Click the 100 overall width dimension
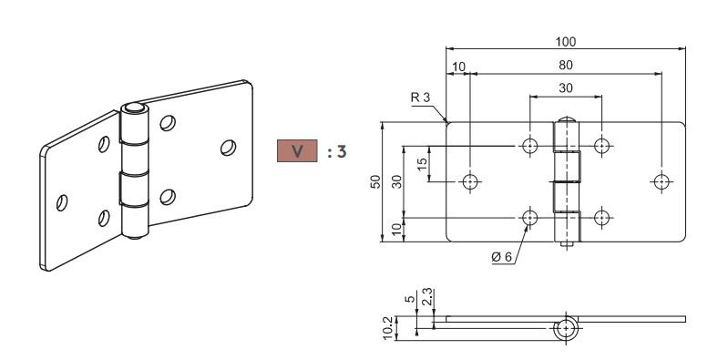click(566, 42)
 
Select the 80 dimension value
click(566, 65)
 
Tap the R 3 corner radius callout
click(421, 98)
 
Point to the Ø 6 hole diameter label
click(501, 257)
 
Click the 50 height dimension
click(375, 181)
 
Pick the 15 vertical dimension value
click(422, 164)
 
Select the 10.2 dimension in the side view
click(389, 328)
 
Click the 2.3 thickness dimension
click(426, 297)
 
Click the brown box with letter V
click(297, 151)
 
